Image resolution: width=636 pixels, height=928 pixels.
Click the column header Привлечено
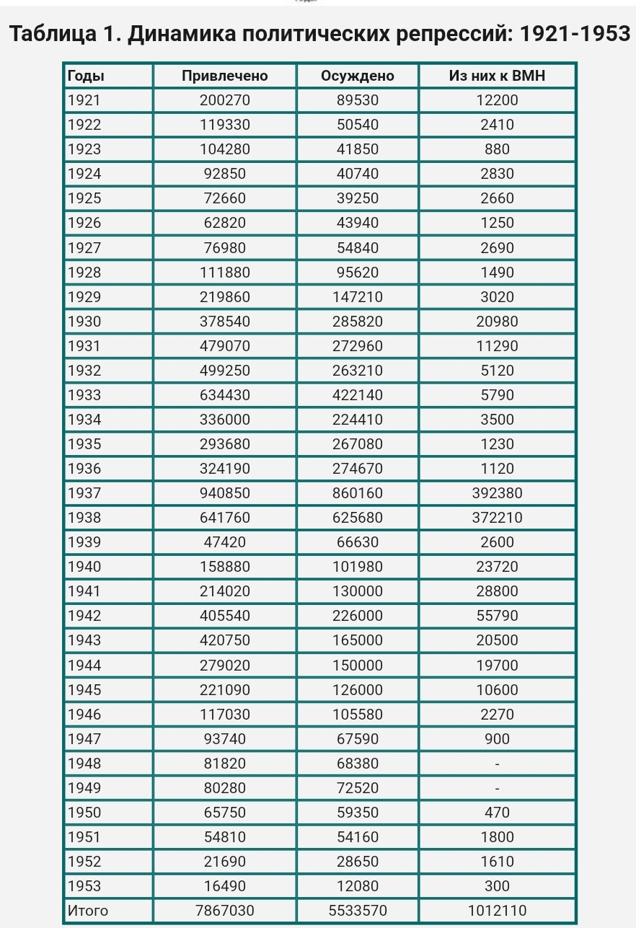point(224,76)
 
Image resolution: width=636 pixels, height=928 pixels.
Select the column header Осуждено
point(358,76)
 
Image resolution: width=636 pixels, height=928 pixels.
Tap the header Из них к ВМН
point(497,76)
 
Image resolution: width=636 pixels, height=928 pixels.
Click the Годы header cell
point(85,76)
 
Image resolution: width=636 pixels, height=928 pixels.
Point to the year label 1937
point(84,493)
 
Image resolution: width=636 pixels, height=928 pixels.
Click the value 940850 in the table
point(224,493)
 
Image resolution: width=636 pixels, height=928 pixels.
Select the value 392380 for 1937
point(497,493)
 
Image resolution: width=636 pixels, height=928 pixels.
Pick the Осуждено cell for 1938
point(358,518)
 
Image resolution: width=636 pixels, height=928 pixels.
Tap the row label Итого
point(87,911)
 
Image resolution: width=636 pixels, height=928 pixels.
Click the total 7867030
point(224,911)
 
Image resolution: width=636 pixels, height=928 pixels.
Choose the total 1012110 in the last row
point(497,911)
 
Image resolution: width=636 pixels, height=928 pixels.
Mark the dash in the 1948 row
point(497,764)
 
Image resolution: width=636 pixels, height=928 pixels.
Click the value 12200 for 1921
point(497,100)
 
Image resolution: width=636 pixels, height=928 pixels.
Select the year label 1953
point(84,886)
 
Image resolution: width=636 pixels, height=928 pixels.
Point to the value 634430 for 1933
point(224,395)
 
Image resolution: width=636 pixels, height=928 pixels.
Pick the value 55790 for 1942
point(497,616)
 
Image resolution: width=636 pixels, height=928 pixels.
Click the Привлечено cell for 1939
point(224,542)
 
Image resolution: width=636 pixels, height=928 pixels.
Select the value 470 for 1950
point(497,813)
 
